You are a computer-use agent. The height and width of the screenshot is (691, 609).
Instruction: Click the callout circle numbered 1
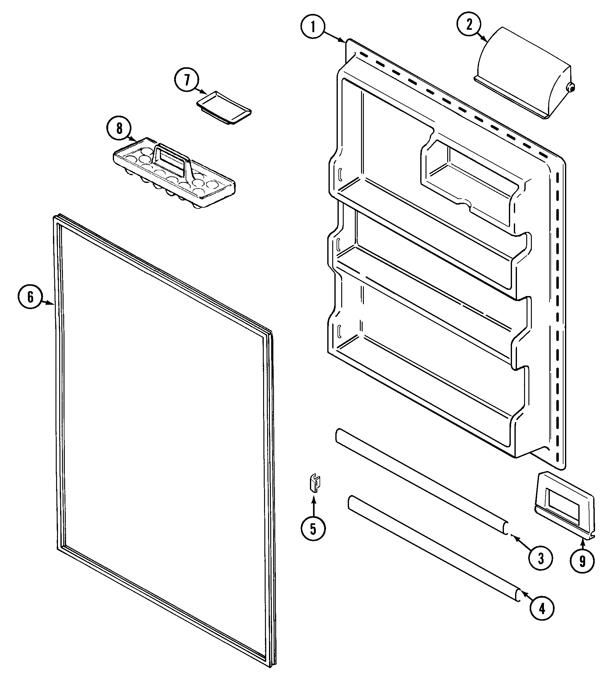(x=313, y=27)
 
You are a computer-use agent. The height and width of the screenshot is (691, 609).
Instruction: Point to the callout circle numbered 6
(x=30, y=297)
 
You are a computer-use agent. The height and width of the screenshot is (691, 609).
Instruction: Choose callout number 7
(x=187, y=80)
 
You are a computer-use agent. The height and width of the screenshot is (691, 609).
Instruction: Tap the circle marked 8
(x=119, y=128)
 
